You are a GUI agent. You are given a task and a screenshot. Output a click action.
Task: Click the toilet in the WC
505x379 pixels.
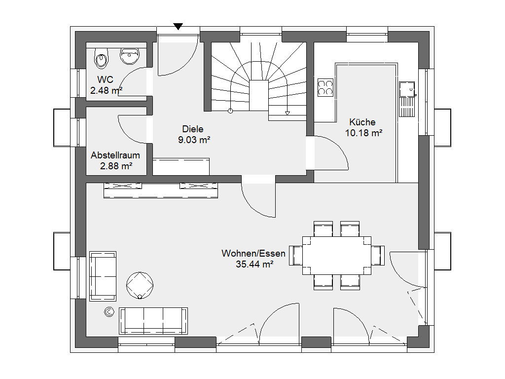pos(102,58)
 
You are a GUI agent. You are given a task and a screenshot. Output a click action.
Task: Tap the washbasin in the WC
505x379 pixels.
pos(130,56)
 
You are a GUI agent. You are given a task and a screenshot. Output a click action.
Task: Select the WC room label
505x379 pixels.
pos(106,79)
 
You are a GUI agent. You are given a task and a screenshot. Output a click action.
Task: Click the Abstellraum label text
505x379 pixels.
pos(115,155)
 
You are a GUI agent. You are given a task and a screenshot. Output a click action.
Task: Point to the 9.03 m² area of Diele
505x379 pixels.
pos(194,140)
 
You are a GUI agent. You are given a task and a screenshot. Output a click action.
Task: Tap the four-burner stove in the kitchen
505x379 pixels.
pos(325,88)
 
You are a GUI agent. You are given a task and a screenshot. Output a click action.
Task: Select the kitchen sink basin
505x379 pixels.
pos(407,89)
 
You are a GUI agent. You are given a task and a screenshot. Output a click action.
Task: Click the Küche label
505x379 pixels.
pos(362,122)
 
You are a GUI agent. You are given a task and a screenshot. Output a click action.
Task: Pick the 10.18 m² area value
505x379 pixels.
pos(363,133)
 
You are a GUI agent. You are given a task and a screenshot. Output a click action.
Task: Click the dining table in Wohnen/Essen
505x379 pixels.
pos(336,256)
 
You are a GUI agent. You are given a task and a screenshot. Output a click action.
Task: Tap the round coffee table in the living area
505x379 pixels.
pos(140,285)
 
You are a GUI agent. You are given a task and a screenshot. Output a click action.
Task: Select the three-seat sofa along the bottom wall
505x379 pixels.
pos(153,321)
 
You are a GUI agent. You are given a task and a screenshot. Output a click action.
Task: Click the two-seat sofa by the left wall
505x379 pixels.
pos(103,276)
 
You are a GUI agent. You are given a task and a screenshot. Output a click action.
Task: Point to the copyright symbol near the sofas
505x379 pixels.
pos(109,312)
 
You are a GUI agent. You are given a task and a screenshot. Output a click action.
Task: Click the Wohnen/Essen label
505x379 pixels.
pos(253,254)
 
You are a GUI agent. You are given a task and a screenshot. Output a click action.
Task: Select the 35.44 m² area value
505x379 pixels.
pos(254,265)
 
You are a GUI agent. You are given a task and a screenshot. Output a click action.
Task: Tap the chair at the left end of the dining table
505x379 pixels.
pos(296,256)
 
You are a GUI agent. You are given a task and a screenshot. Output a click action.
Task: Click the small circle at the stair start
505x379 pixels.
pos(230,111)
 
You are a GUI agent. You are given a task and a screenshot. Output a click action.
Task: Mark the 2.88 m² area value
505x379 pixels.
pos(116,166)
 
